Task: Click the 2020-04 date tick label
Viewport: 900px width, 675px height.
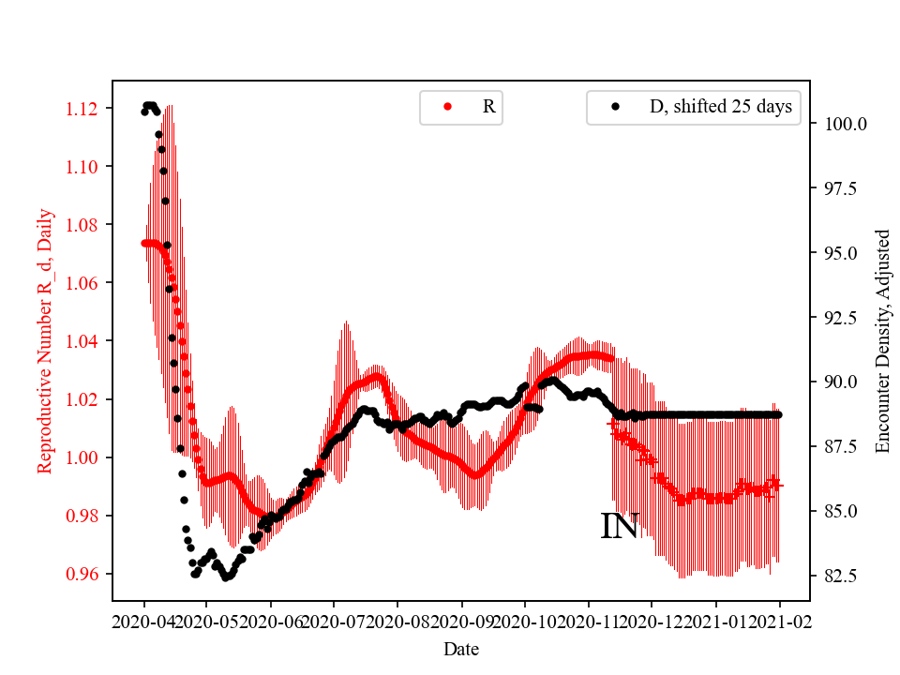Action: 144,621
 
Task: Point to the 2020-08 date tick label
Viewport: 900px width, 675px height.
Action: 397,621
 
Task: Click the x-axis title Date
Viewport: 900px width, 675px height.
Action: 462,648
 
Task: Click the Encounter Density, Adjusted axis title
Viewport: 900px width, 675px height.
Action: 881,340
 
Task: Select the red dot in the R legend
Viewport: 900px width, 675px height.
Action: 448,107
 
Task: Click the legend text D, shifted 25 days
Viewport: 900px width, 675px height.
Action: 720,107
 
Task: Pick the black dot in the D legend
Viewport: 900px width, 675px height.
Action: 615,107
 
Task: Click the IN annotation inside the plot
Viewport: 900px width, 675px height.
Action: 619,527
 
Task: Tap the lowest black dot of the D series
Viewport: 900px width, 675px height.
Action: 226,577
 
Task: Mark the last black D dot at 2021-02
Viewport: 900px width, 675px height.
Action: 778,414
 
